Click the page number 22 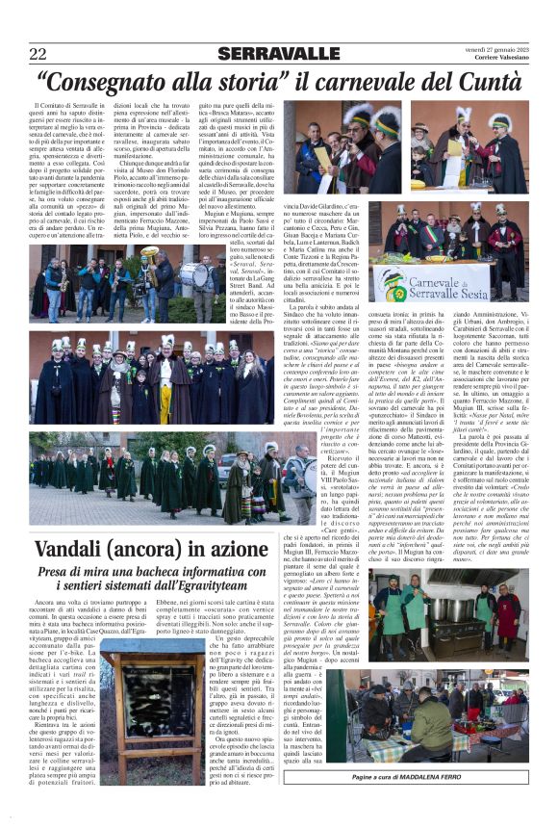[x=38, y=53]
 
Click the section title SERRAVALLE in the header [x=278, y=53]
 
